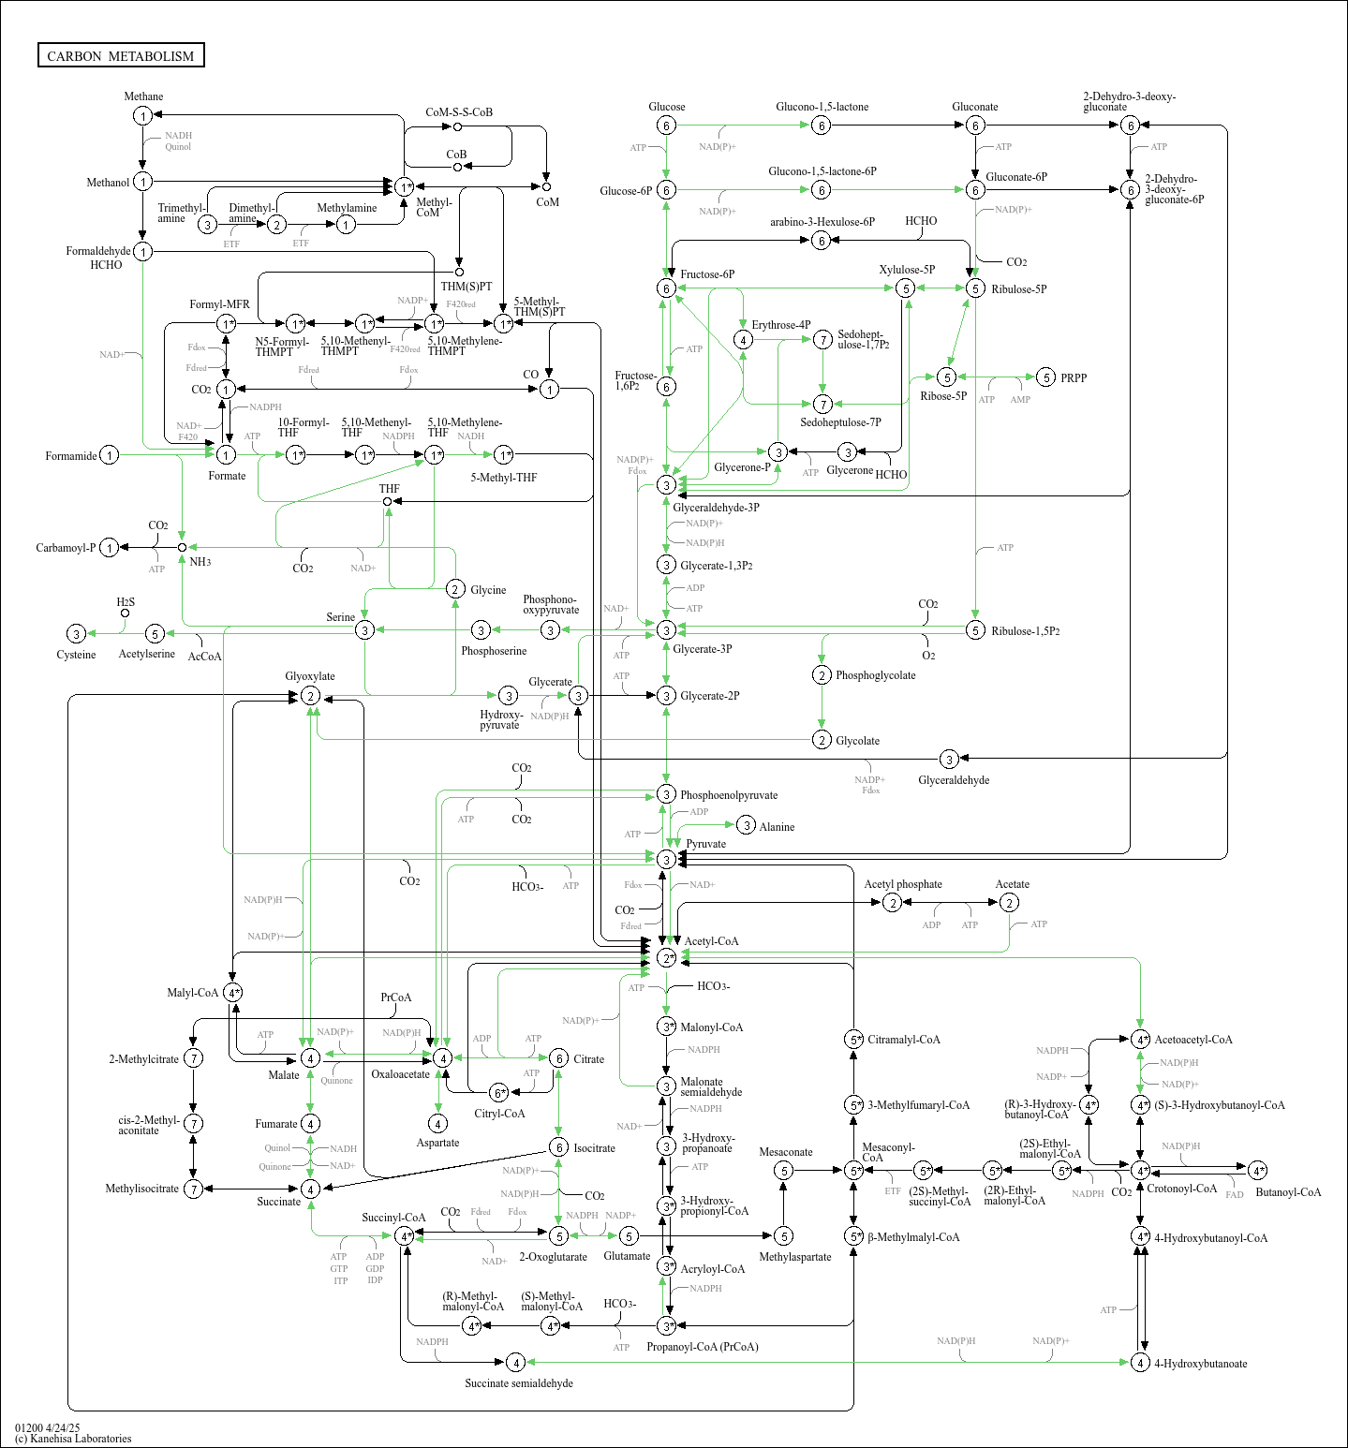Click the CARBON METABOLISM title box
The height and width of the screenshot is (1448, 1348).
(121, 55)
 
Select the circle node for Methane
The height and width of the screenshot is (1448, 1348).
(142, 115)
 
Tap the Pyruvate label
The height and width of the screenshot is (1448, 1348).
(705, 844)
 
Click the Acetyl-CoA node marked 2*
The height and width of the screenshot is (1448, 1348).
(666, 958)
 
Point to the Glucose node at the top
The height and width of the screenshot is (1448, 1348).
(666, 126)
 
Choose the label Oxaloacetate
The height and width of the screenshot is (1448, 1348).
(400, 1074)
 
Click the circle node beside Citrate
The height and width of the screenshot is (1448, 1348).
(558, 1058)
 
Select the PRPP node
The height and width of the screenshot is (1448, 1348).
(1046, 377)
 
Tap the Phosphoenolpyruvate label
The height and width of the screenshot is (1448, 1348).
(728, 795)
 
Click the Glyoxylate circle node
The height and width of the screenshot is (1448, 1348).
(310, 696)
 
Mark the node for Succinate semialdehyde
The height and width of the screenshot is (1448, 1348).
(515, 1362)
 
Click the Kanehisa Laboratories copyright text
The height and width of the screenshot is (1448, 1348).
(73, 1439)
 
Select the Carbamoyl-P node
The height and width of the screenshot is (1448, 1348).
(110, 548)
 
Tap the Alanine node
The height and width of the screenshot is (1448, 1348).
(746, 825)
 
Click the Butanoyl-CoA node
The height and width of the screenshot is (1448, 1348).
(1257, 1171)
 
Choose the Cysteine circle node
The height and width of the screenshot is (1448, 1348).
(77, 634)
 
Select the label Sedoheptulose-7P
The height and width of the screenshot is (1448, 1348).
(839, 422)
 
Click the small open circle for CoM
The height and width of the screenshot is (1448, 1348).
(546, 186)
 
